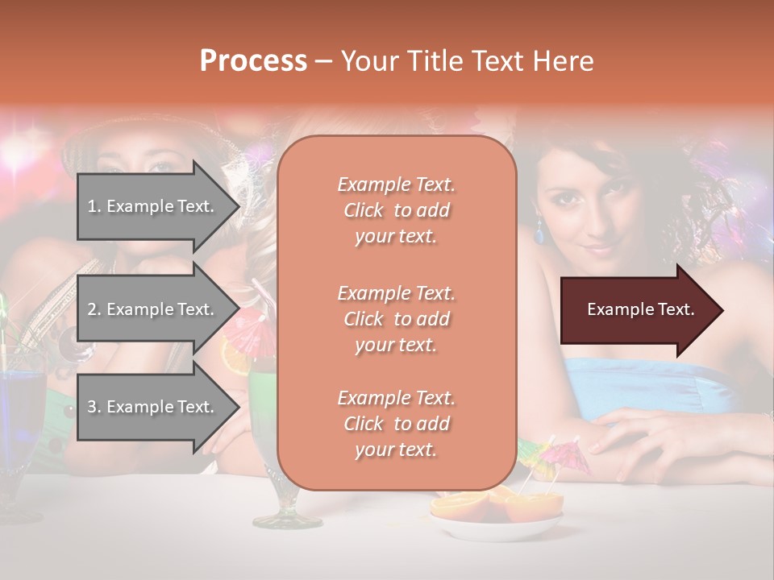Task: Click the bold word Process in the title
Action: click(x=253, y=61)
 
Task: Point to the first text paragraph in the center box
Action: click(x=396, y=210)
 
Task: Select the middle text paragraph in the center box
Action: click(x=396, y=318)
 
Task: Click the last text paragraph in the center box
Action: click(x=396, y=424)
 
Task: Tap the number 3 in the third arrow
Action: click(x=91, y=407)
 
